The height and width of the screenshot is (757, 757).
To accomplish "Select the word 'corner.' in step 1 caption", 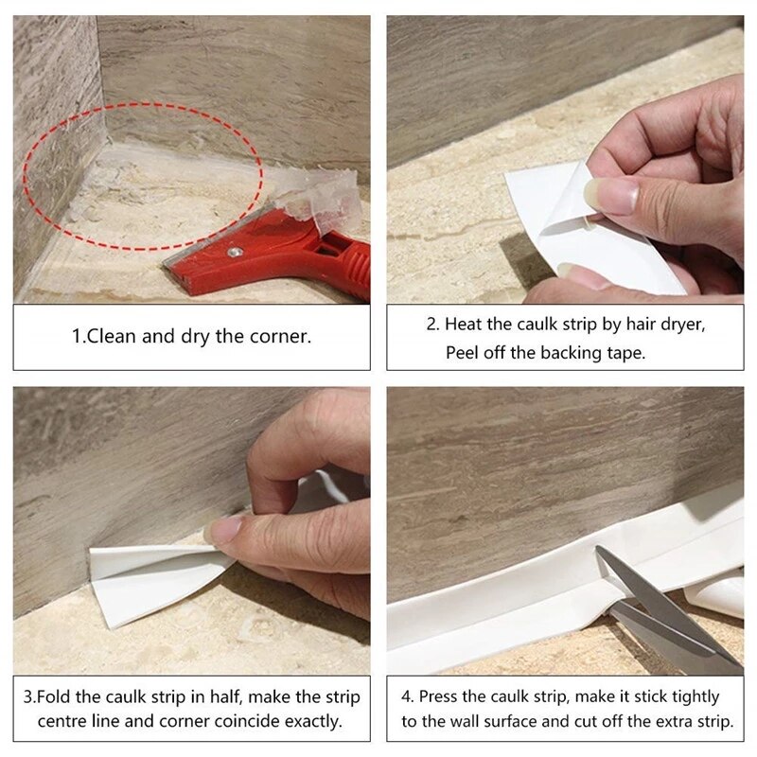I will pos(280,337).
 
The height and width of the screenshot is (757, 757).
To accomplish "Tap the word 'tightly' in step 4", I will pos(685,696).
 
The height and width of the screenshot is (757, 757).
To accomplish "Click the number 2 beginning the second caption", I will pos(431,324).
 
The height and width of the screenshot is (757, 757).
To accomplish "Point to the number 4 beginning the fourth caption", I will pos(406,696).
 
